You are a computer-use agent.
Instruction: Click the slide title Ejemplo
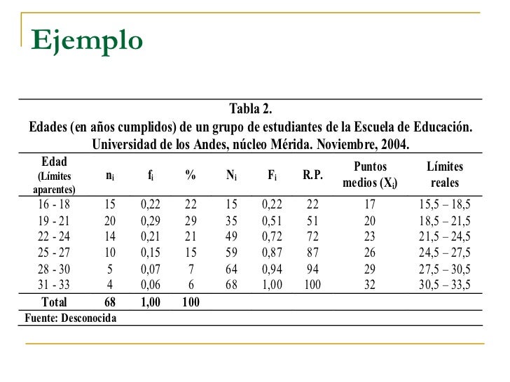coord(87,40)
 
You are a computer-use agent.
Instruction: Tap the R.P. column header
coord(312,176)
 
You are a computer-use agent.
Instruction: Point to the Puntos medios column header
coord(371,176)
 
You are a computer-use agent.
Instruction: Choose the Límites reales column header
coord(445,176)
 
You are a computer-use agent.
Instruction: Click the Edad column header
coord(55,162)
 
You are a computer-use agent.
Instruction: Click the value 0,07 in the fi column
coord(151,268)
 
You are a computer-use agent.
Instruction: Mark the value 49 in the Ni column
coord(231,236)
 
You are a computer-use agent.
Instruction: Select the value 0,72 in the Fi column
coord(273,236)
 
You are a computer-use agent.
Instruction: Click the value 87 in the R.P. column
coord(312,252)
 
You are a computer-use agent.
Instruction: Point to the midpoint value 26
coord(371,252)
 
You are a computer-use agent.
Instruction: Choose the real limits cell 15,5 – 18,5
coord(445,204)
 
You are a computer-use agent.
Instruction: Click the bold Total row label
coord(54,303)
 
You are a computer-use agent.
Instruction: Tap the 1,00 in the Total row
coord(151,303)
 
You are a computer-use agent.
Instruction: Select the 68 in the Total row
coord(110,303)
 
